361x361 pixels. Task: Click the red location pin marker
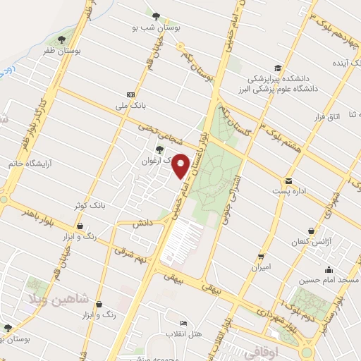click(x=180, y=166)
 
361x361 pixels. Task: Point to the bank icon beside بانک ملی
click(x=130, y=94)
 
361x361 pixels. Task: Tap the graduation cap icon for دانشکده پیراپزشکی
click(x=279, y=68)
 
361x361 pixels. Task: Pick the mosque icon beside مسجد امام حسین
click(x=329, y=269)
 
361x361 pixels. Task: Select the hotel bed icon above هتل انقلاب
click(x=184, y=322)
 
